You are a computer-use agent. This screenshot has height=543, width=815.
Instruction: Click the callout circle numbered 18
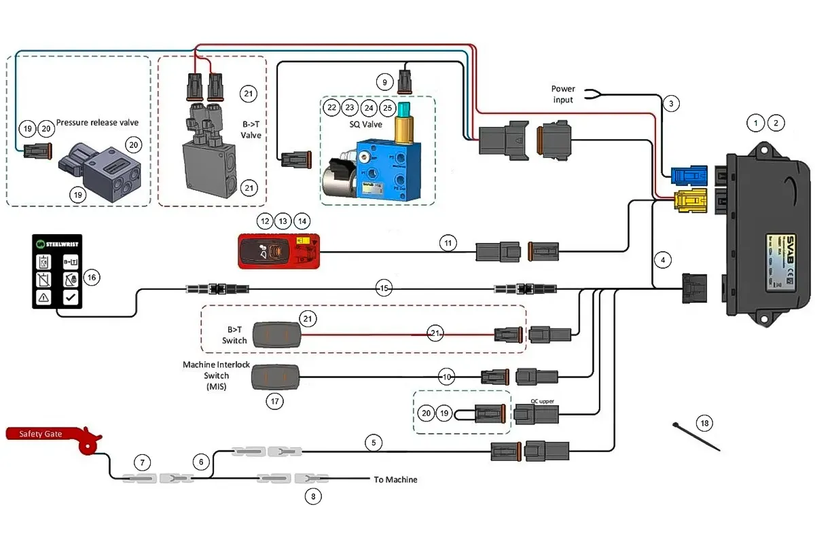pos(704,424)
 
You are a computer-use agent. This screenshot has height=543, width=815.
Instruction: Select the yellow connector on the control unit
pos(687,201)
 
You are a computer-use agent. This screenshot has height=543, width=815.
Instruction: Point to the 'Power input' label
pos(562,94)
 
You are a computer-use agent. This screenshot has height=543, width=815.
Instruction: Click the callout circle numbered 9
pos(385,83)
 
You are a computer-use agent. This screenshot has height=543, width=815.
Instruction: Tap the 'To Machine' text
pos(395,480)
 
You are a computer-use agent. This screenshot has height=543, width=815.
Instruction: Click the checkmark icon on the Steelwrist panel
pos(70,297)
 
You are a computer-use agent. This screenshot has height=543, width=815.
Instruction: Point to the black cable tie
pos(696,437)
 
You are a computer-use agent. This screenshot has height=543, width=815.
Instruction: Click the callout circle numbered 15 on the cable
pos(384,288)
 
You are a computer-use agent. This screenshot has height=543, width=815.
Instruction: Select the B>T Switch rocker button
pos(276,335)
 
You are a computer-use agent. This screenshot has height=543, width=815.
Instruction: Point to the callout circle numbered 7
pos(142,463)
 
